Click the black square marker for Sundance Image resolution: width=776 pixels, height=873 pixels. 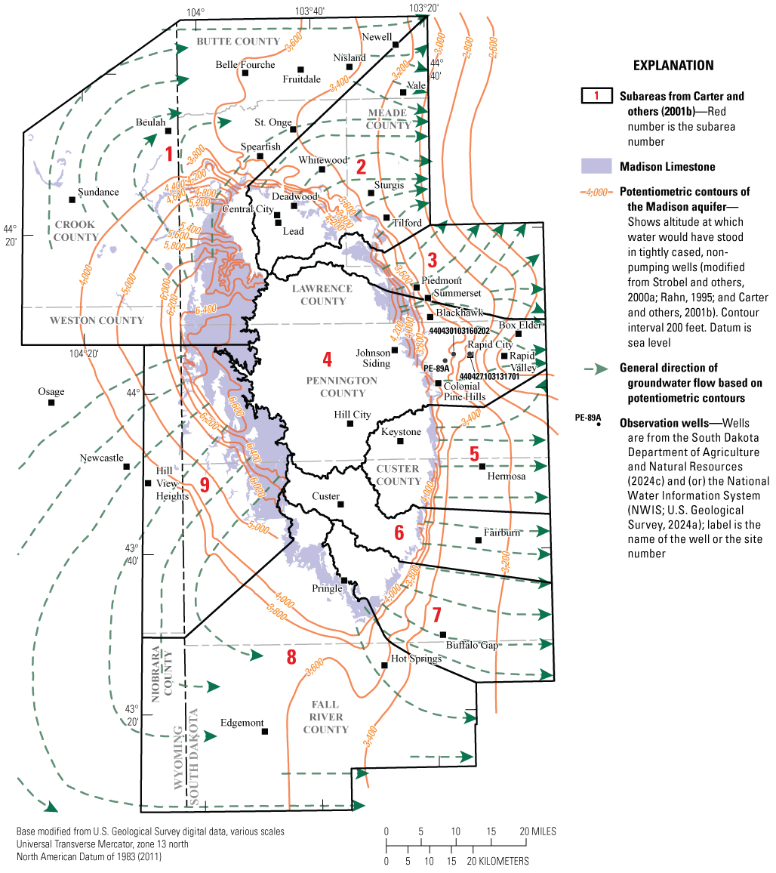click(72, 199)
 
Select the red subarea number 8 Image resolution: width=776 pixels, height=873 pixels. click(291, 657)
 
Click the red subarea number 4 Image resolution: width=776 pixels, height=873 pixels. click(327, 358)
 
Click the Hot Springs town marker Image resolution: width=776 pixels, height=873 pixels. click(384, 665)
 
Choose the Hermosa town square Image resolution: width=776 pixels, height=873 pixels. click(482, 466)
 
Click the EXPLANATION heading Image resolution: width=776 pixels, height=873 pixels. click(673, 66)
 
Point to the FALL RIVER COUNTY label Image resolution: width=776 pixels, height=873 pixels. click(325, 717)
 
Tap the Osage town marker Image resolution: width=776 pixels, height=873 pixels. click(51, 403)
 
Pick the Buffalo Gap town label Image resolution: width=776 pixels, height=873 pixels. click(473, 646)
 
